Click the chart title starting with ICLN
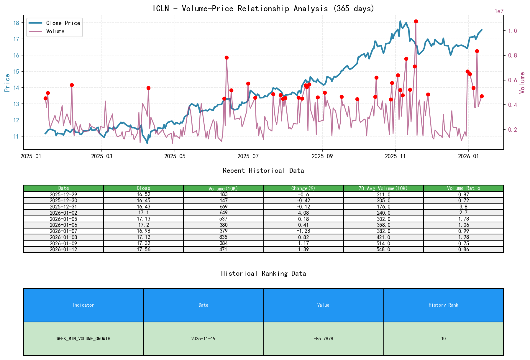point(263,9)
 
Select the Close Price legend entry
point(63,23)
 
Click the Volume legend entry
point(55,32)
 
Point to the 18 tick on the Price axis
point(16,23)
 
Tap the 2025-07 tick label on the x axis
point(248,156)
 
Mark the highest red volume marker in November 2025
point(416,21)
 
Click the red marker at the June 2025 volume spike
point(227,58)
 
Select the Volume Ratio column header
point(463,188)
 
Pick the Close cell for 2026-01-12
point(143,249)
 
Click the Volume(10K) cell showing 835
point(224,237)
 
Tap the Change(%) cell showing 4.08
point(303,213)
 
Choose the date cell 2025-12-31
point(63,207)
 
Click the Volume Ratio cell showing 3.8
point(463,207)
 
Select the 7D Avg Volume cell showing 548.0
point(383,249)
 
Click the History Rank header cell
point(443,305)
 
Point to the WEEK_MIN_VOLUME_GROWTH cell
point(83,339)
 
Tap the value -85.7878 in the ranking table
point(323,339)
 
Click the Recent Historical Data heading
point(263,171)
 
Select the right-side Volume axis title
point(522,83)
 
